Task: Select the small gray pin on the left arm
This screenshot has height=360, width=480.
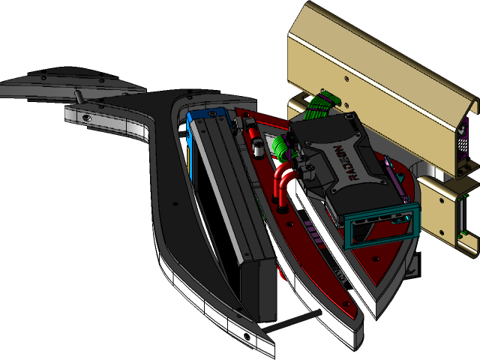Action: [x=76, y=97]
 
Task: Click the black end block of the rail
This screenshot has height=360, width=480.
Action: [x=259, y=289]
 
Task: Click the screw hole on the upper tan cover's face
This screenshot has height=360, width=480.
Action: [x=345, y=76]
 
